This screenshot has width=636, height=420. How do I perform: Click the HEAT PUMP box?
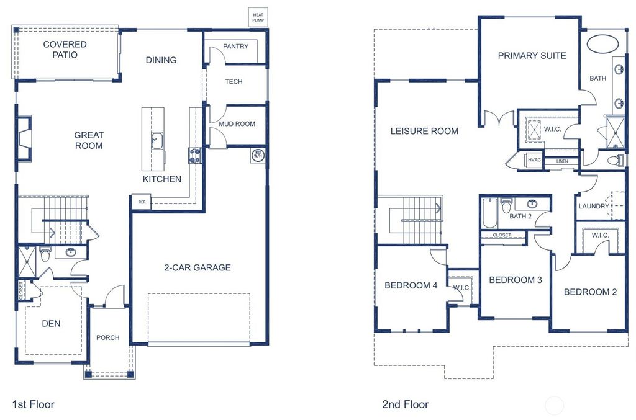[x=257, y=17]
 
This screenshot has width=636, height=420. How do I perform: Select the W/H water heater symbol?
[x=257, y=154]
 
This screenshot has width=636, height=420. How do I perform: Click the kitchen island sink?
[x=157, y=141]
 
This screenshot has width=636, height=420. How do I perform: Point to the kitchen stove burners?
[x=194, y=155]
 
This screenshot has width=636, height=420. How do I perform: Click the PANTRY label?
[x=235, y=47]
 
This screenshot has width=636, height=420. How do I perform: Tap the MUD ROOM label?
[x=237, y=124]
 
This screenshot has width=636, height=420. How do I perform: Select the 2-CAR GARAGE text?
[x=197, y=268]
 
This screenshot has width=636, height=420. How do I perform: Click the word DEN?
[x=52, y=323]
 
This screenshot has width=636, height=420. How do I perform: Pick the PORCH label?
[x=107, y=337]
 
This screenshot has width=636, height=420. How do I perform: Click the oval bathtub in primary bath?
[x=602, y=45]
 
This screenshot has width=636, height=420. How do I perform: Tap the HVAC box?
[x=534, y=160]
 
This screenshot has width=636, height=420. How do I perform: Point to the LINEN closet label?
[x=562, y=161]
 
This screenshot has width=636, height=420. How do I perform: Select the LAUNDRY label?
[x=594, y=207]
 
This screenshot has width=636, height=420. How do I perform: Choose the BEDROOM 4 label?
[x=411, y=286]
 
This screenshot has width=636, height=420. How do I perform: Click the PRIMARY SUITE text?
[x=532, y=56]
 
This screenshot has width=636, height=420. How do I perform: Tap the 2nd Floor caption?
[x=405, y=404]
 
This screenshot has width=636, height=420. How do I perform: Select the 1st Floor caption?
[x=34, y=404]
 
